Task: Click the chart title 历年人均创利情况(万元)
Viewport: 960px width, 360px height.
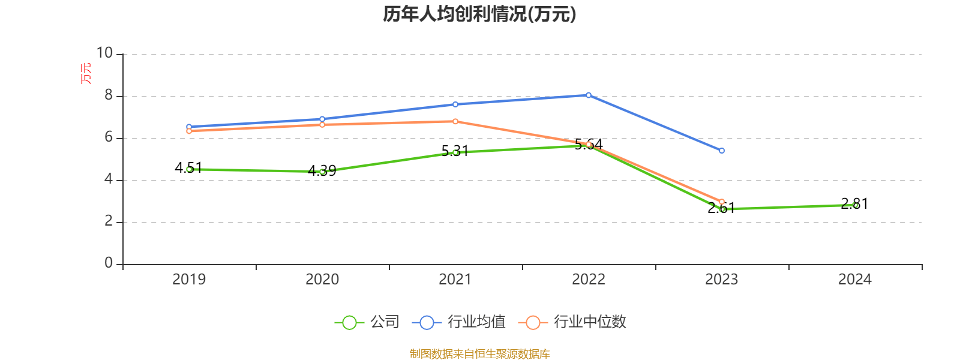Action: coord(479,14)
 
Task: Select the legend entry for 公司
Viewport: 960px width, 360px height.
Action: coord(367,322)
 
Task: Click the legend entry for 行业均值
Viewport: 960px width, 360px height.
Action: coord(459,322)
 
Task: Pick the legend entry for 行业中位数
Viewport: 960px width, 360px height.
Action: coord(575,322)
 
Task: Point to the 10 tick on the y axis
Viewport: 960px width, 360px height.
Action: coord(104,53)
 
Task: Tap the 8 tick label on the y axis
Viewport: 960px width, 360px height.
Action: coord(109,95)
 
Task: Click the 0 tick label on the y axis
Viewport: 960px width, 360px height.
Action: coord(109,263)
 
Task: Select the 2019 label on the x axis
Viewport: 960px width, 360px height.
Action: coord(189,279)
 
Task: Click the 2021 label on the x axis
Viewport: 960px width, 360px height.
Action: coord(455,279)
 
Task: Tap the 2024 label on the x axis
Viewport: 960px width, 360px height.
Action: coord(854,279)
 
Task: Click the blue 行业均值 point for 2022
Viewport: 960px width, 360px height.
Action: coord(589,95)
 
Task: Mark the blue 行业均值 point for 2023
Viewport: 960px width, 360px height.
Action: coord(722,151)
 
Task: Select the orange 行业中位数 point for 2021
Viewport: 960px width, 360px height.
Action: coord(455,121)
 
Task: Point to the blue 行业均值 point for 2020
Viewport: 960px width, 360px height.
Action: coord(322,119)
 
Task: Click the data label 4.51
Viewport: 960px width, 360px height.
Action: coord(188,167)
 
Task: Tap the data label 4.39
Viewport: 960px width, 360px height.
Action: coord(322,171)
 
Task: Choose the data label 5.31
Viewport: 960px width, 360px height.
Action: coord(455,151)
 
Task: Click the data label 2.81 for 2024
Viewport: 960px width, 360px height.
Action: coord(854,204)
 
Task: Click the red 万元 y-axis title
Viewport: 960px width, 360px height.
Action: coord(86,73)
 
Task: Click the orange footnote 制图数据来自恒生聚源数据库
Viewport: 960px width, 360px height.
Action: coord(479,354)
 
